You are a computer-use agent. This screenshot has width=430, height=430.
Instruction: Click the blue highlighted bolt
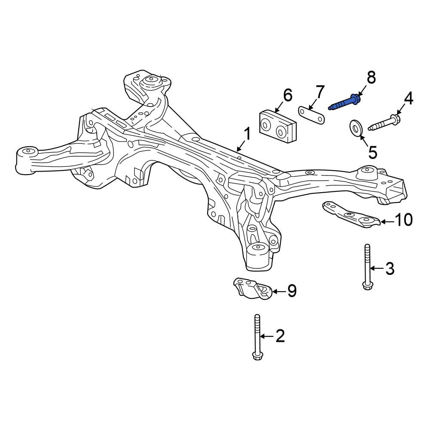[345, 102]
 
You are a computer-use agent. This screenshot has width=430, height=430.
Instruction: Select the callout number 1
[247, 135]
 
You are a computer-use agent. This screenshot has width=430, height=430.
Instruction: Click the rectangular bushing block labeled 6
[278, 126]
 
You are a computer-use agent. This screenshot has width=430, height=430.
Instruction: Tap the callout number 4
[408, 99]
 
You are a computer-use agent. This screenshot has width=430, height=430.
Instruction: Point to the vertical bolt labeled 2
[257, 337]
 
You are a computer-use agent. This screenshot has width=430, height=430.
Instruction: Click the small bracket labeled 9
[252, 288]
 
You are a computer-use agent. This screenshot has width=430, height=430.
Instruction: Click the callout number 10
[404, 220]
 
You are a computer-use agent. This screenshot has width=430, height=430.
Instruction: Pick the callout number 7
[320, 92]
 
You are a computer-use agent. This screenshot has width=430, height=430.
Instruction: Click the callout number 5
[373, 152]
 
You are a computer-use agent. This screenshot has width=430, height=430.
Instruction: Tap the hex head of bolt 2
[257, 356]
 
